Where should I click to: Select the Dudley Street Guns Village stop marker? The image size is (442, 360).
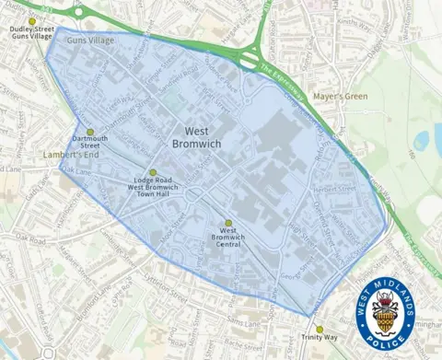coord(32,21)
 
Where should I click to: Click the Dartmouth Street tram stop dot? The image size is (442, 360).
coord(90,132)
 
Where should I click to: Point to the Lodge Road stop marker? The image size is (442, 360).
coord(153,171)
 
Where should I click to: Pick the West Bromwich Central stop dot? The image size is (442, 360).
coord(228,222)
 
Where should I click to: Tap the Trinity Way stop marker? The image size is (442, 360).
coord(320,329)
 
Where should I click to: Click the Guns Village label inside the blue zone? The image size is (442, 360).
coord(90,41)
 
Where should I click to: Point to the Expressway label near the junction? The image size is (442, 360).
coord(280,73)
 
